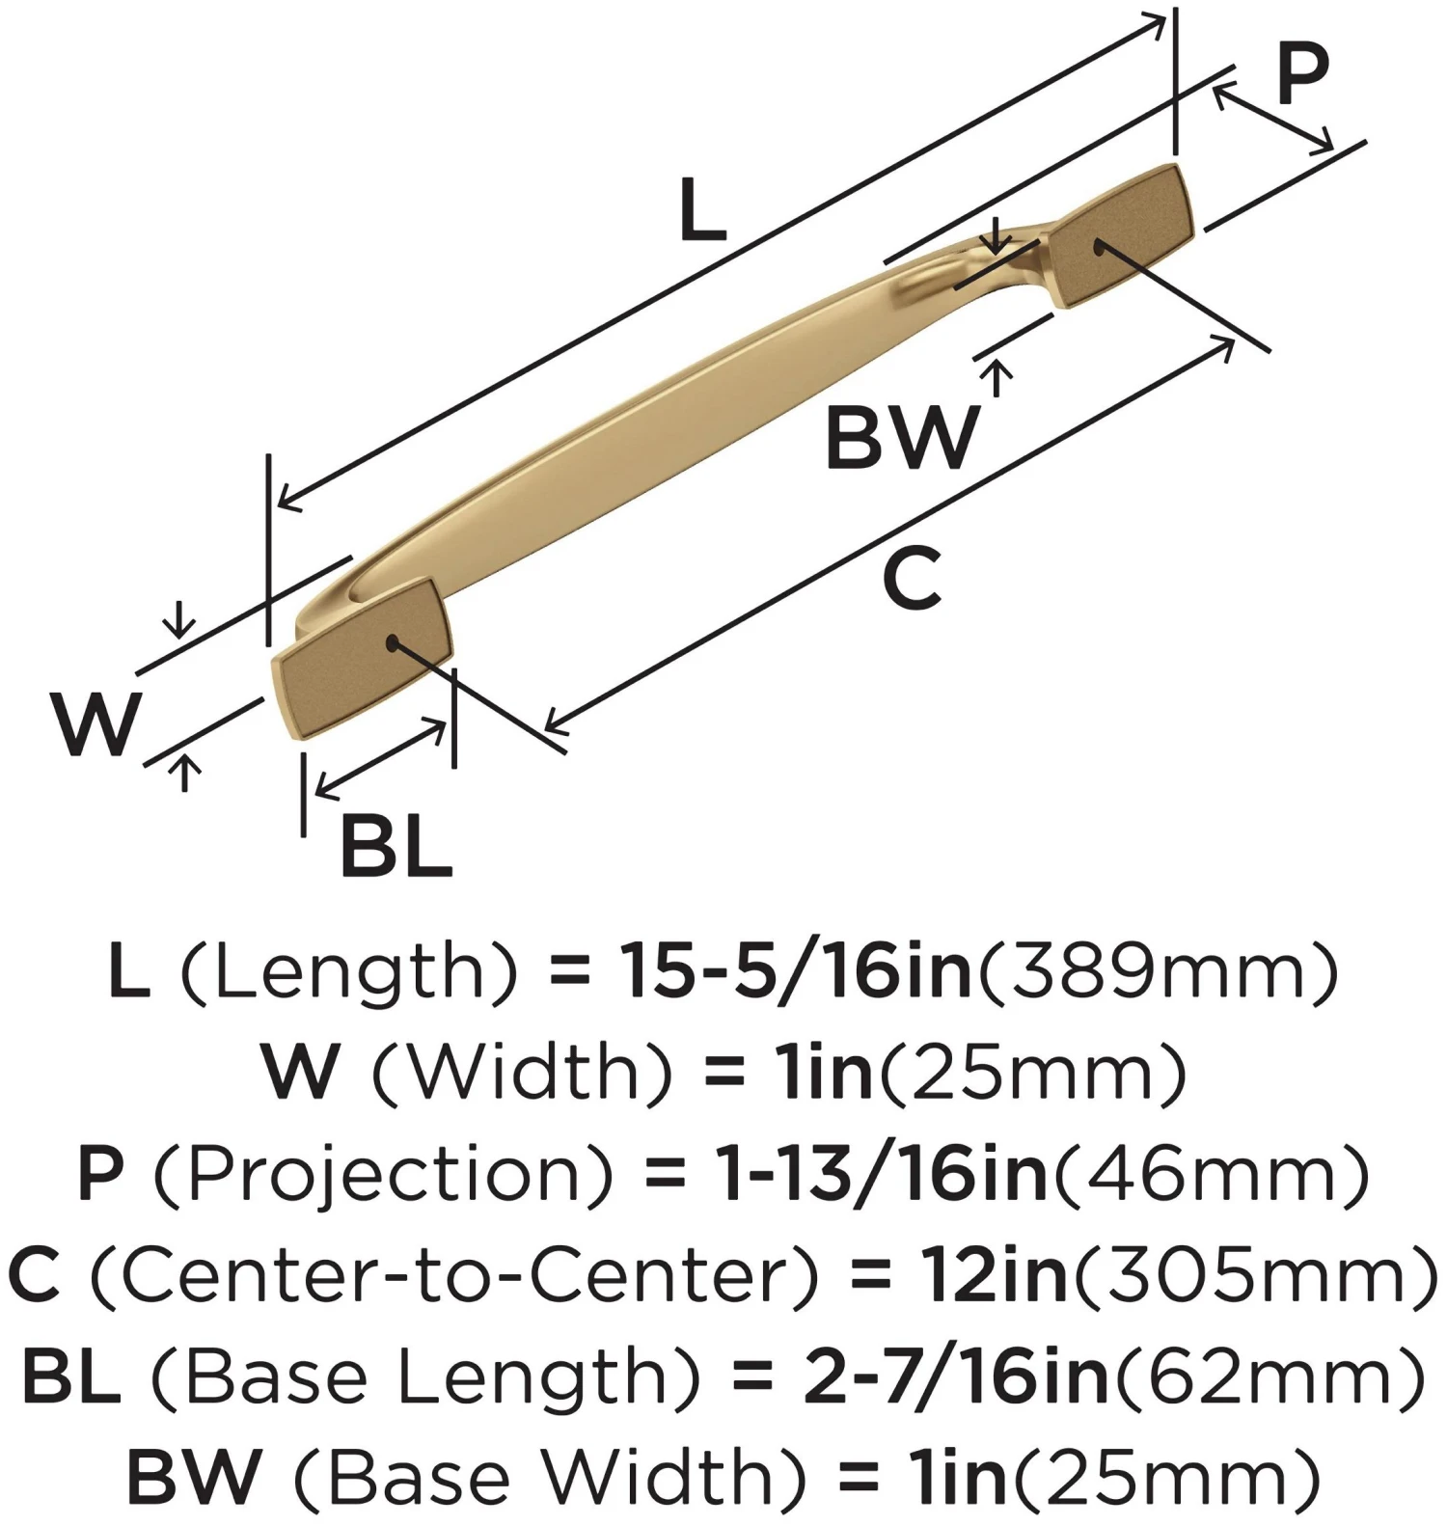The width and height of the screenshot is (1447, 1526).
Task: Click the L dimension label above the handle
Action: pos(702,210)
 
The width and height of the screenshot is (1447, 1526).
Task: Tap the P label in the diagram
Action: pos(1302,74)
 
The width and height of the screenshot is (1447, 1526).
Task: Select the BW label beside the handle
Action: pos(902,439)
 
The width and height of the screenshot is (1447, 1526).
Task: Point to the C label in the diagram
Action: pos(912,579)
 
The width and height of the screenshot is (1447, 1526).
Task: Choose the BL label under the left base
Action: pos(396,846)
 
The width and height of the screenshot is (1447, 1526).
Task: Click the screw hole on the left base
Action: pos(391,641)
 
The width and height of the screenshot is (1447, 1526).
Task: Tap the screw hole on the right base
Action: pos(1099,248)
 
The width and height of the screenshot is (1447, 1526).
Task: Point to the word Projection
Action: pos(384,1174)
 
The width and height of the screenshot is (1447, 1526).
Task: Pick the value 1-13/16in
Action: pos(881,1174)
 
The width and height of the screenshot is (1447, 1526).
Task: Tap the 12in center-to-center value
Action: pos(995,1275)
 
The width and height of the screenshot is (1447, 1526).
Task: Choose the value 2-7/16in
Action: pos(956,1376)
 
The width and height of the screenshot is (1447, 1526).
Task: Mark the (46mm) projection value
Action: pos(1212,1174)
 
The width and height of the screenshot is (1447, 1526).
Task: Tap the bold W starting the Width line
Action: pos(301,1073)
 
